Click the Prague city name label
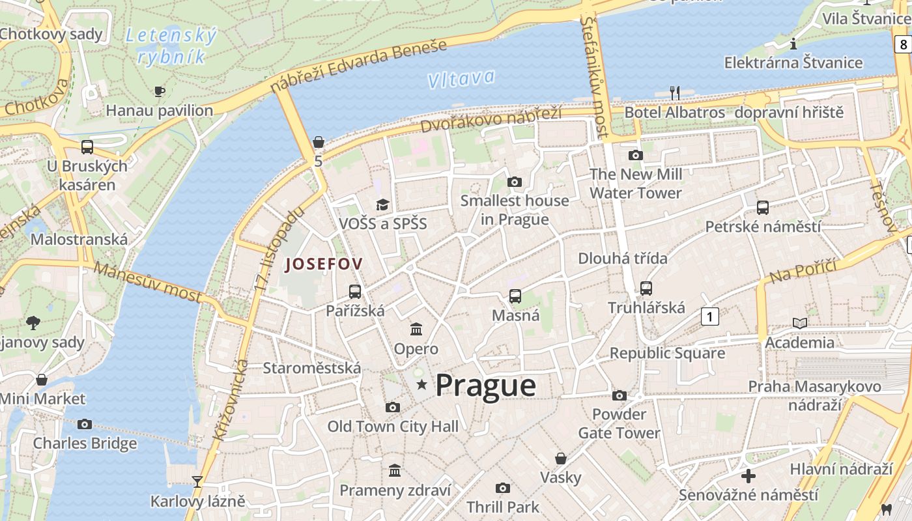click(485, 385)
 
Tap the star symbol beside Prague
click(421, 384)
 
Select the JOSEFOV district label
click(323, 264)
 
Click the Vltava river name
click(461, 79)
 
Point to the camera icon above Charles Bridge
click(85, 424)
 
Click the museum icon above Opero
click(416, 329)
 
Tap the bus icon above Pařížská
click(355, 291)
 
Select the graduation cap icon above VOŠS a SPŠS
click(382, 205)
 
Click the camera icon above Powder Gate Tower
click(620, 395)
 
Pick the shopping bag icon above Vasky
click(560, 458)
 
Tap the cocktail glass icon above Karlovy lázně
click(197, 482)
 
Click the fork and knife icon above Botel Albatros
click(675, 93)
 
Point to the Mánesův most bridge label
click(147, 281)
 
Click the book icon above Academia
click(799, 323)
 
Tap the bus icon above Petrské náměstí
click(763, 208)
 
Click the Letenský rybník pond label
click(171, 46)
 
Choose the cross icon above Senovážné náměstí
click(748, 475)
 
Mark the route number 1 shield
click(710, 317)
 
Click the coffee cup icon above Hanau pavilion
click(160, 91)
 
